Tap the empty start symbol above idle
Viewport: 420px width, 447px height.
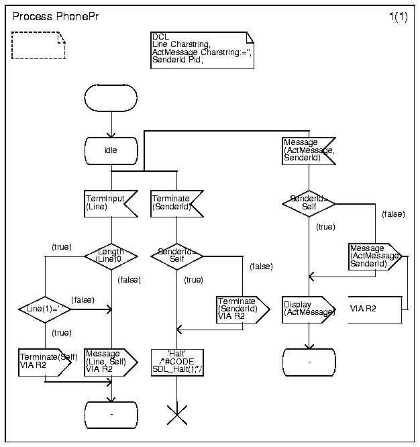point(111,99)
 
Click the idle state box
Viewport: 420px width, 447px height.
point(111,150)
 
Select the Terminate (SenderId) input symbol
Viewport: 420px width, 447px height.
point(176,203)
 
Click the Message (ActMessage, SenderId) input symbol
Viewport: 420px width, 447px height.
point(308,151)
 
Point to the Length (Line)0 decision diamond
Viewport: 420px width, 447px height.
point(111,256)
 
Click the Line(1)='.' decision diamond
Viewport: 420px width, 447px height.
point(45,309)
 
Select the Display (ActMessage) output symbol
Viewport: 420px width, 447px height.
point(308,309)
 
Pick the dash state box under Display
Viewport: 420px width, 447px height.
point(309,362)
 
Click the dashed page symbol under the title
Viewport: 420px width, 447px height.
point(39,46)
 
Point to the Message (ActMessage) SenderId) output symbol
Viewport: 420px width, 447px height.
point(374,256)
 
